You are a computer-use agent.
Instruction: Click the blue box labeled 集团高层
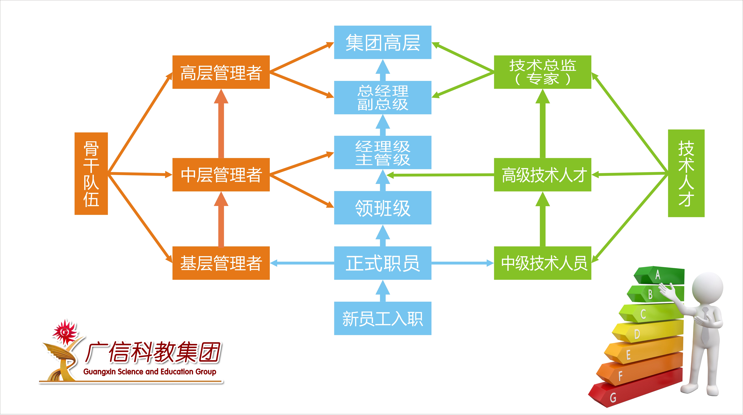point(382,42)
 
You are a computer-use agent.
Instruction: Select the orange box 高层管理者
point(221,72)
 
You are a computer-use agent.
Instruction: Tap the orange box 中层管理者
point(221,175)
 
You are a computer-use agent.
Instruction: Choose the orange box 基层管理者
point(221,263)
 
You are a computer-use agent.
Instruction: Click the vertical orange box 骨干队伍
point(91,174)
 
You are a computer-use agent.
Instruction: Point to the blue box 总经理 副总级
point(382,98)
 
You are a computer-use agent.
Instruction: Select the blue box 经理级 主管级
point(382,152)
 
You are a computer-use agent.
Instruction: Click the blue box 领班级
point(382,208)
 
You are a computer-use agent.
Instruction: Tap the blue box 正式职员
point(382,263)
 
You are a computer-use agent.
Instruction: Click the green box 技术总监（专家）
point(543,72)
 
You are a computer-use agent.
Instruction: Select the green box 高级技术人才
point(543,175)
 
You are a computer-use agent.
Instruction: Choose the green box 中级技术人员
point(543,263)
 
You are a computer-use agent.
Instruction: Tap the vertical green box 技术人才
point(686,173)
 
